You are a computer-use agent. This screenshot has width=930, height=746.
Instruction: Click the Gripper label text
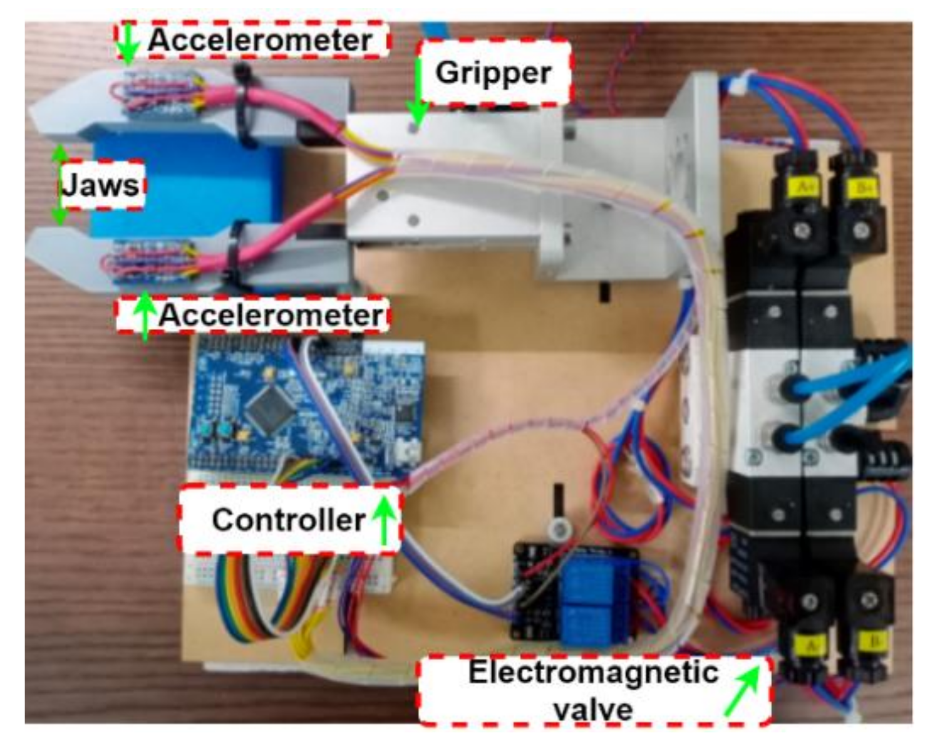[x=493, y=73]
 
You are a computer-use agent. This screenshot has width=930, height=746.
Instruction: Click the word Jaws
[x=100, y=185]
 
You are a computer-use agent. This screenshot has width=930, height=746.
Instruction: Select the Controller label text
[x=289, y=520]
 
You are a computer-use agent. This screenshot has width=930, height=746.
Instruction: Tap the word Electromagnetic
[x=593, y=673]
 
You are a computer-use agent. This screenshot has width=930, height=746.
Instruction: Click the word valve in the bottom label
[x=593, y=710]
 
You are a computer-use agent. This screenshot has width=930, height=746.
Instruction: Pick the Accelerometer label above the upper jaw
[x=260, y=41]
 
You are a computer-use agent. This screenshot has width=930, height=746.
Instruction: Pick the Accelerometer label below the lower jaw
[x=271, y=314]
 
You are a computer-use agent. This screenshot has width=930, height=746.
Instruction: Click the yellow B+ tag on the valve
[x=865, y=187]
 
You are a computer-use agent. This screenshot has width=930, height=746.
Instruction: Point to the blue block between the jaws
[x=188, y=188]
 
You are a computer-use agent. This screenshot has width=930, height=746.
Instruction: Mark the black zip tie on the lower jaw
[x=234, y=260]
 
